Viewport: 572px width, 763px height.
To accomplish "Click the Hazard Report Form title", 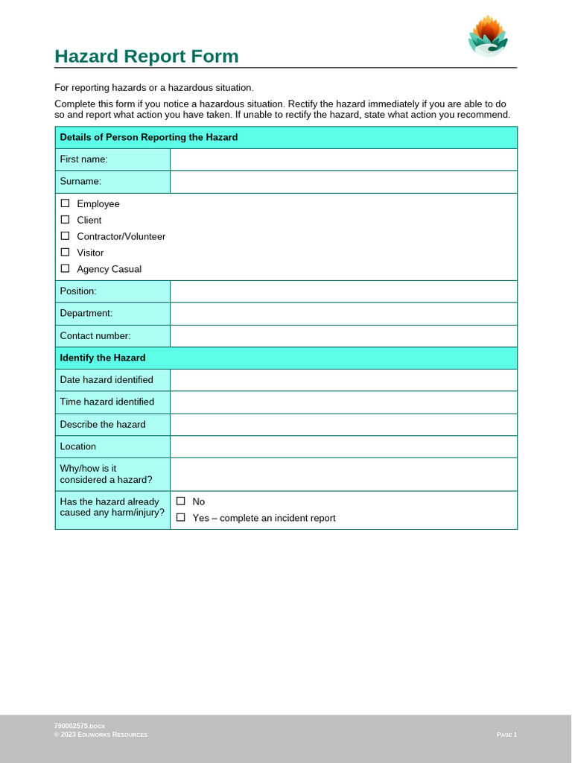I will (x=147, y=57).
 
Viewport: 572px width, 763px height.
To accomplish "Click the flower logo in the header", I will (x=488, y=37).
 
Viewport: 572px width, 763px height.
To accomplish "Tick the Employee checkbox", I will (x=65, y=203).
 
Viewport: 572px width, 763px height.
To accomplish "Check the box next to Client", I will (x=65, y=220).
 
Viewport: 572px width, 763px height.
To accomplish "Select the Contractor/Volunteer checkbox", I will (x=65, y=236).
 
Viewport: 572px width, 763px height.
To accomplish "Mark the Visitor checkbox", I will (x=65, y=253).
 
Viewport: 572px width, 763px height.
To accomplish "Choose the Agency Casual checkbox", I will (x=65, y=269).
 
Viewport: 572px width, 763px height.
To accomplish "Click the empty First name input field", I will (x=343, y=159).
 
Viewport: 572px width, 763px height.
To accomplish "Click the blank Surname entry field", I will (x=343, y=182).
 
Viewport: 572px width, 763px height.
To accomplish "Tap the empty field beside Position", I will (x=343, y=291).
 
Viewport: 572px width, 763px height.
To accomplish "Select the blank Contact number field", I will (x=343, y=336).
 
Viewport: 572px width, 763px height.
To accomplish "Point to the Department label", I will (x=86, y=314).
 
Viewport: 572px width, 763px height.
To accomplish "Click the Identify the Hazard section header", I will (x=103, y=358).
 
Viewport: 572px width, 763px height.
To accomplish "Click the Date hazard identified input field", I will (x=343, y=380).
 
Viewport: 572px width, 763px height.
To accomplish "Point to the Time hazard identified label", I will (x=107, y=402).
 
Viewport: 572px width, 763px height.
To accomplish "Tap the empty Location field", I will (x=343, y=447).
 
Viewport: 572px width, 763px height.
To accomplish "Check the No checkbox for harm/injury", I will (x=180, y=501).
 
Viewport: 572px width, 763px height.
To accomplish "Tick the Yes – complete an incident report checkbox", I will (x=180, y=518).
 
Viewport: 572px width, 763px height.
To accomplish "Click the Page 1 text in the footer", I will (x=506, y=735).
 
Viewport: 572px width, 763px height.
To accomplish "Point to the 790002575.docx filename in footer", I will (x=80, y=726).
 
